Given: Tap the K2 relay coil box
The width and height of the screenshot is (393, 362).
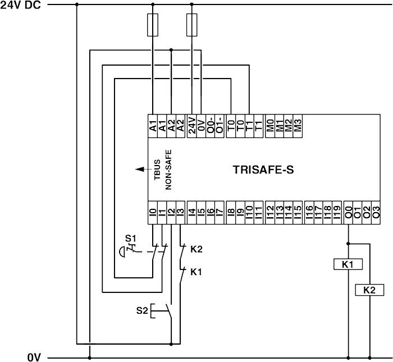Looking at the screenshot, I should (x=369, y=290).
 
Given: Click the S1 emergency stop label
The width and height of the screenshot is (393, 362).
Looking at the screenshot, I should (x=130, y=238).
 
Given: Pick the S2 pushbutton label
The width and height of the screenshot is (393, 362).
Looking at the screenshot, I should (x=142, y=310).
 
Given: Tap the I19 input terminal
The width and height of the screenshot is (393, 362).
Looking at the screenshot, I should (x=336, y=212).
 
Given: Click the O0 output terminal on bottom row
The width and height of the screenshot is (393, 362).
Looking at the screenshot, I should (x=349, y=212).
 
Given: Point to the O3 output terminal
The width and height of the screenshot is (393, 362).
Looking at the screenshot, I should (x=376, y=212).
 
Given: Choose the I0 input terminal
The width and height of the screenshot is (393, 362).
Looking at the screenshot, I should (x=153, y=212).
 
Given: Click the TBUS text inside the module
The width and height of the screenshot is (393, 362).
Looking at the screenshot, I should (x=158, y=168).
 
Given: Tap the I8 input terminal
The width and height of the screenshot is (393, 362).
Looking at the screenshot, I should (x=231, y=212).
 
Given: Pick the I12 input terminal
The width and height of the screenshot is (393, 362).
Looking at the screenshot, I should (x=270, y=212).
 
